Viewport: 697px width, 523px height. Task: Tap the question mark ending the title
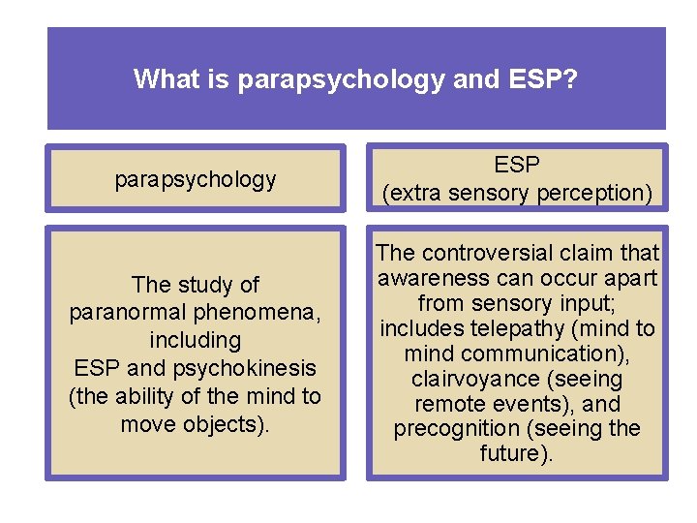(x=573, y=78)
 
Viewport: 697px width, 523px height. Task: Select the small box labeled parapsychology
(x=196, y=179)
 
